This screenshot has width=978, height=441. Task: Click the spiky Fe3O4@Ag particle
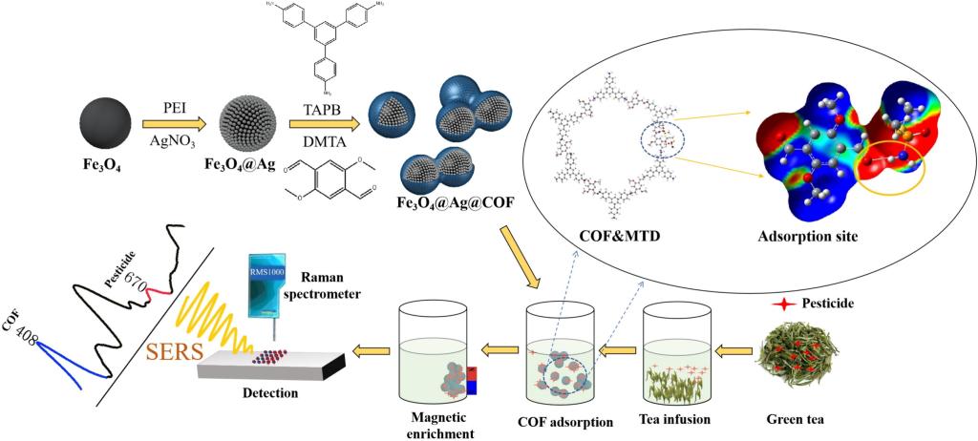point(251,125)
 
